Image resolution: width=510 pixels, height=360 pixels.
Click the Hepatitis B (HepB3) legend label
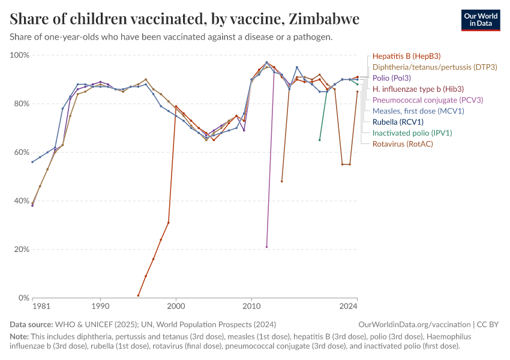click(x=406, y=56)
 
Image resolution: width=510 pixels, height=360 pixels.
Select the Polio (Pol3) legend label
click(x=392, y=78)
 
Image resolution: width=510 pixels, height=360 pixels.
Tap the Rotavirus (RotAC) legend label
click(x=403, y=144)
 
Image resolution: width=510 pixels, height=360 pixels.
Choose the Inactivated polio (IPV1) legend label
click(x=412, y=133)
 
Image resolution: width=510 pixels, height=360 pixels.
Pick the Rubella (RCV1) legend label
click(x=398, y=122)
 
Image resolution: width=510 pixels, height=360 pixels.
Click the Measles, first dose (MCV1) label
click(x=418, y=111)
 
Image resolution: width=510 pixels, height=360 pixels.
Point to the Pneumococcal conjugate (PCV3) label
click(x=428, y=100)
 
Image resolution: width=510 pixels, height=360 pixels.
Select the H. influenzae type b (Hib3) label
click(x=418, y=89)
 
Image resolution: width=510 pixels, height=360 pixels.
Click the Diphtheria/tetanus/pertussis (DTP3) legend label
click(x=435, y=67)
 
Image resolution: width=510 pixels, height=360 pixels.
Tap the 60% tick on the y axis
click(x=20, y=152)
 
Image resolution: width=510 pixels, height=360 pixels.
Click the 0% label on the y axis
click(x=24, y=298)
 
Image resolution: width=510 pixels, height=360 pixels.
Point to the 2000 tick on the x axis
click(x=176, y=307)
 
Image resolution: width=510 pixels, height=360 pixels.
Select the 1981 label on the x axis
click(x=41, y=307)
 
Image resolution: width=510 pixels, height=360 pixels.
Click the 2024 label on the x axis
click(x=349, y=307)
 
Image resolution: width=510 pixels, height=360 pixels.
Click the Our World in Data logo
click(x=481, y=20)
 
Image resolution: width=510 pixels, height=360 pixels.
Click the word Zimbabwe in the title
click(x=324, y=19)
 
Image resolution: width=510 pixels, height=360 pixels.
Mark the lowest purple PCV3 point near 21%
click(x=267, y=247)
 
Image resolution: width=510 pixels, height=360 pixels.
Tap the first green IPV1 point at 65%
click(x=320, y=140)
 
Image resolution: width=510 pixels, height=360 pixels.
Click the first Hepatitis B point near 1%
click(x=138, y=296)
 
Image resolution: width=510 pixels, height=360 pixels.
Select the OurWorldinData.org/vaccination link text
click(x=415, y=325)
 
